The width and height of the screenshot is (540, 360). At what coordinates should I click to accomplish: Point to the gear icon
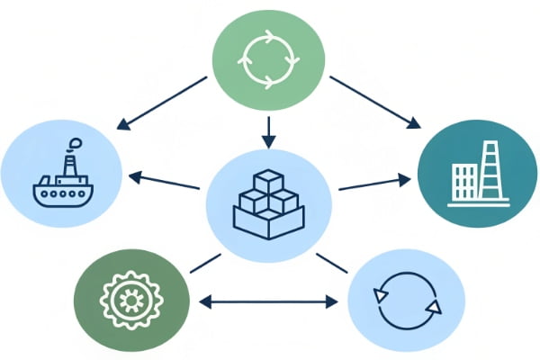(131, 297)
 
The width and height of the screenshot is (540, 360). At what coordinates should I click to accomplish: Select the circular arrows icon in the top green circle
(267, 58)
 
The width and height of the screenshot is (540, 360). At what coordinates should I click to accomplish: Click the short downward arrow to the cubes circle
(267, 132)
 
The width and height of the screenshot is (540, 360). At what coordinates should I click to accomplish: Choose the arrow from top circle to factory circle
(373, 102)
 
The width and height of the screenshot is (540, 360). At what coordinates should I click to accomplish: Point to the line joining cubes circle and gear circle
(205, 262)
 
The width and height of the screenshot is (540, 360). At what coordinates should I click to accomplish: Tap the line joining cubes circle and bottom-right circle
(332, 262)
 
